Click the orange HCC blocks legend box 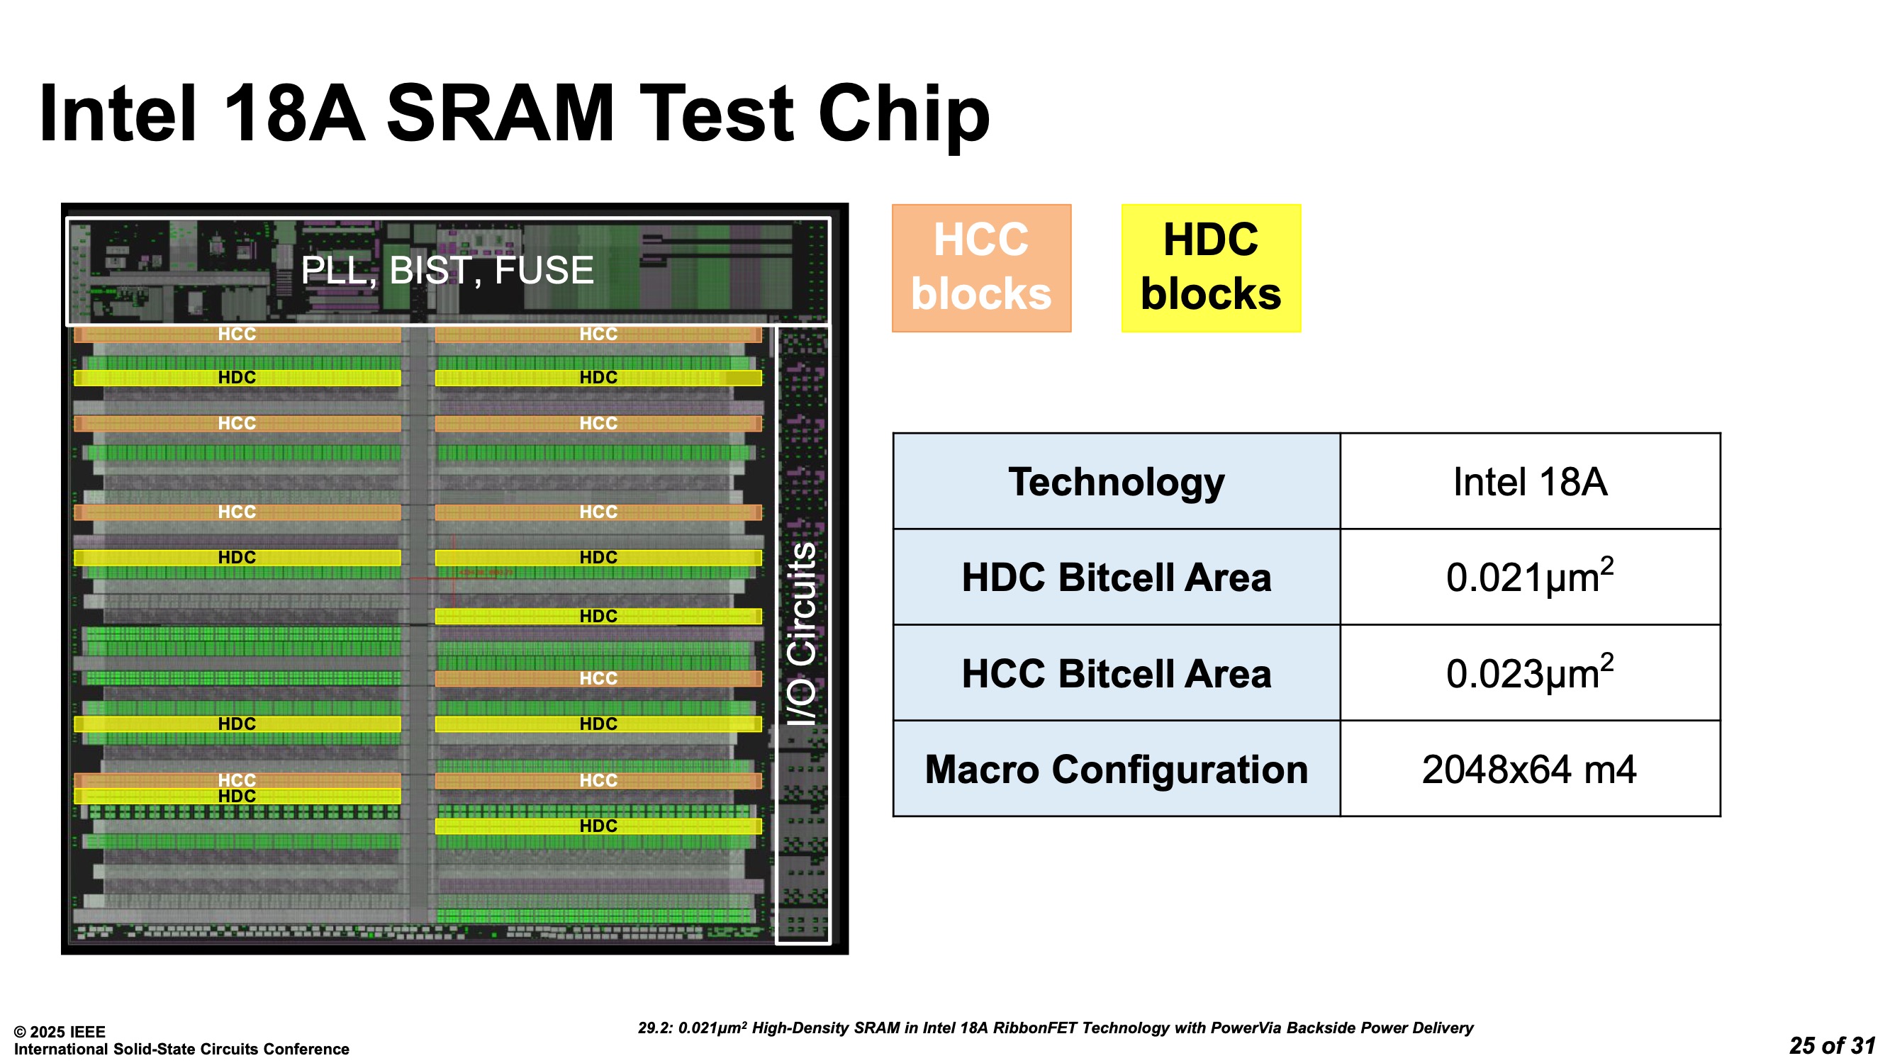981,268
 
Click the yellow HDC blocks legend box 1211,268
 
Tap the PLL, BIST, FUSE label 447,270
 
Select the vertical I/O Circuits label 801,634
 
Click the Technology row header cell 1116,481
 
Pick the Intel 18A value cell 1530,481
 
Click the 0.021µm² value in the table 1530,578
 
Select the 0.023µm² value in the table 1530,673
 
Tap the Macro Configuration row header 1116,769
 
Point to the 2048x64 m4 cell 1530,769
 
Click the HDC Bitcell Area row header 1116,578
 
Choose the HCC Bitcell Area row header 1116,673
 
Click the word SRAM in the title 500,113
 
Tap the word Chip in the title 904,113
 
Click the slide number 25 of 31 1831,1045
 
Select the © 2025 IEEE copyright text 60,1031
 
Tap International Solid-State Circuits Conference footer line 181,1049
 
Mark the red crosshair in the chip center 454,578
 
